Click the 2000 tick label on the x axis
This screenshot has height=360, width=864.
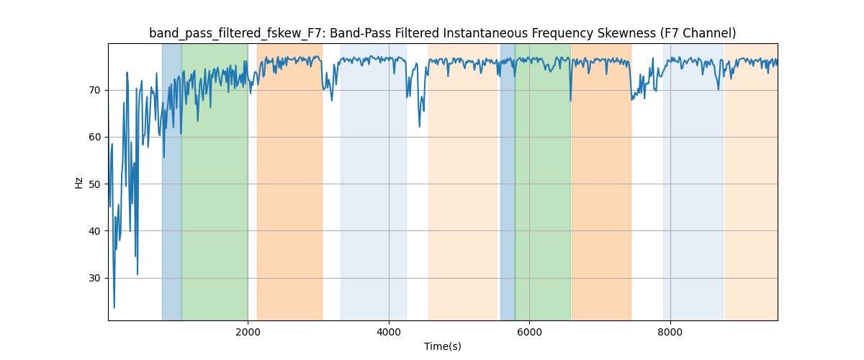click(248, 332)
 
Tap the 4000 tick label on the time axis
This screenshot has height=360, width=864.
click(389, 332)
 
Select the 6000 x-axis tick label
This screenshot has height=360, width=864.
click(529, 332)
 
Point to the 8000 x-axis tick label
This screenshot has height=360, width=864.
click(670, 332)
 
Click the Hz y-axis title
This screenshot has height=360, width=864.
click(79, 182)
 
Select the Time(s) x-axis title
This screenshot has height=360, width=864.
click(443, 346)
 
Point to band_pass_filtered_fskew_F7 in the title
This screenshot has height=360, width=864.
click(236, 33)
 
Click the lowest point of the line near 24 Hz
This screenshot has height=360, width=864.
click(114, 307)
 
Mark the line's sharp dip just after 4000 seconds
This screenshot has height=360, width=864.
click(420, 127)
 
